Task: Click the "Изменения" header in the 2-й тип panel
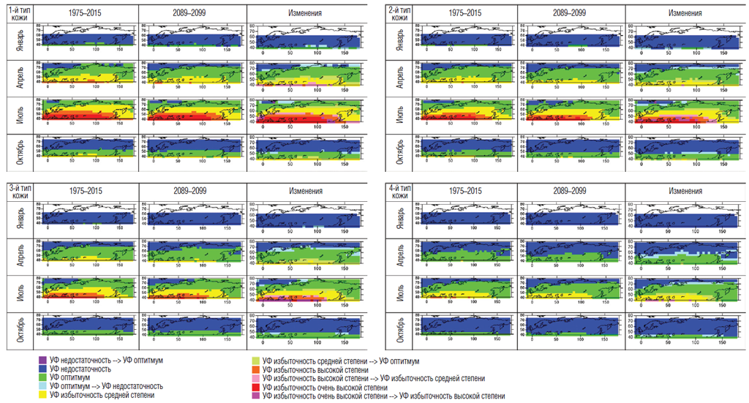point(683,12)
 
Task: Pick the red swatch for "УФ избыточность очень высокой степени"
point(254,387)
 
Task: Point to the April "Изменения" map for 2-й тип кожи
point(682,74)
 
